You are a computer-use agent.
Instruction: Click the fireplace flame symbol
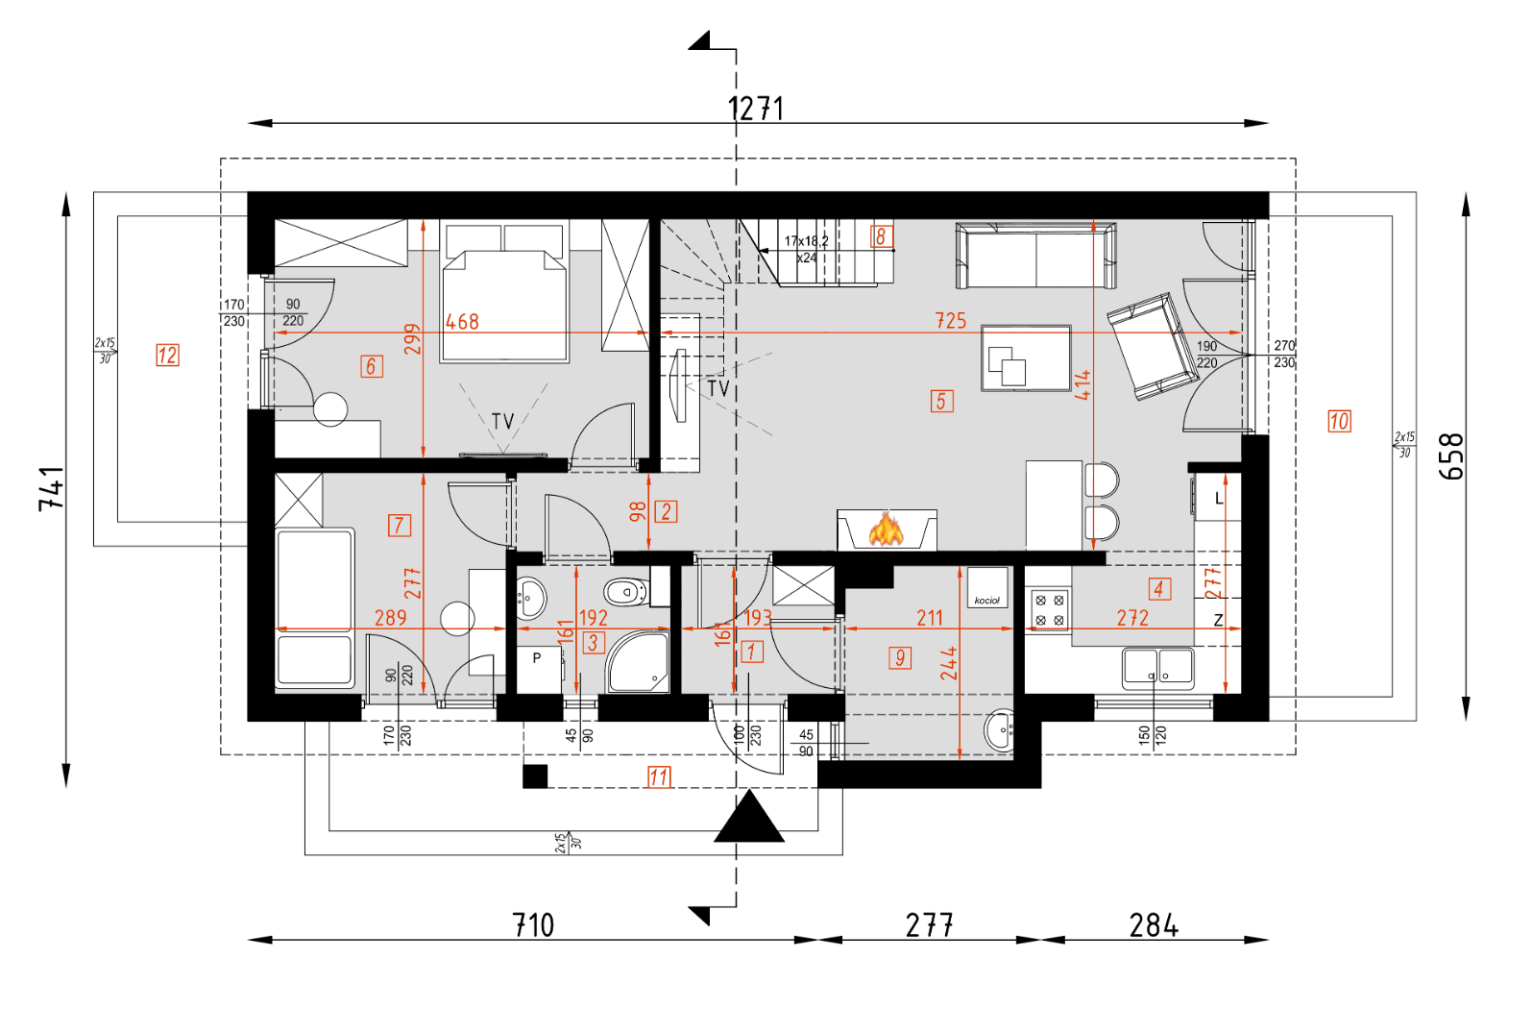(886, 529)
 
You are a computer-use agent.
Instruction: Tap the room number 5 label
(941, 401)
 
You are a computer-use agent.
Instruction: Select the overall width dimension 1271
(756, 109)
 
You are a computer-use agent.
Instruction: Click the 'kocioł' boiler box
(986, 587)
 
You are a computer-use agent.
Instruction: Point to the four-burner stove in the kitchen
(1049, 609)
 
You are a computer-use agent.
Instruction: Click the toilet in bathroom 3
(625, 591)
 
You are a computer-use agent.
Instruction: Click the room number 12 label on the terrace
(167, 356)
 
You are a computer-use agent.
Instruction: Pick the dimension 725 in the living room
(950, 320)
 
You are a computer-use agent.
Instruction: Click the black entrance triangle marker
(749, 818)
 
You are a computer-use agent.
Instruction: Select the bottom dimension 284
(1154, 925)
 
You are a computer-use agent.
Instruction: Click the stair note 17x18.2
(806, 241)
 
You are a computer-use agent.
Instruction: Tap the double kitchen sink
(1158, 667)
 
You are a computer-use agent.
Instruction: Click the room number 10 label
(1339, 421)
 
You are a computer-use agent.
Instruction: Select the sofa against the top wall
(1035, 257)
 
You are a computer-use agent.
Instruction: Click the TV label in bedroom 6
(502, 421)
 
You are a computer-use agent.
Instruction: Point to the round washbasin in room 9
(1000, 730)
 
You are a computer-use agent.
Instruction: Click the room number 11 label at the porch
(659, 776)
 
